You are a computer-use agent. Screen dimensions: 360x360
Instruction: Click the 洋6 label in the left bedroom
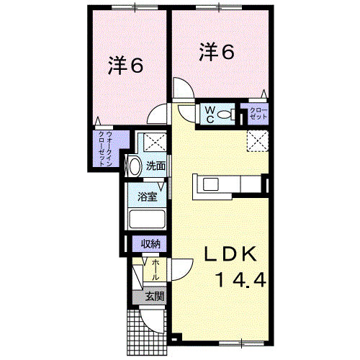[x=125, y=66]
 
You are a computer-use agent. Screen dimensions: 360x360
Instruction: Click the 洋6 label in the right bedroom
[x=217, y=51]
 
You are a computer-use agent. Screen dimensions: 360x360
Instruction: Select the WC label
[x=207, y=113]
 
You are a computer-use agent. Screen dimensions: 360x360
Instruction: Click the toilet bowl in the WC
[x=224, y=113]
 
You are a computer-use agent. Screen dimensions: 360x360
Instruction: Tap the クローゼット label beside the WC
[x=258, y=114]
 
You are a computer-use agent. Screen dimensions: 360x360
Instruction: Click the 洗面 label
[x=156, y=166]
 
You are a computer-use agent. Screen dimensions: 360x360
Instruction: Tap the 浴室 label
[x=148, y=196]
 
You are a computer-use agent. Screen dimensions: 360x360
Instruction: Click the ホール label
[x=156, y=270]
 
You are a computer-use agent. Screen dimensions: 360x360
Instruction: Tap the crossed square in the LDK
[x=258, y=141]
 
